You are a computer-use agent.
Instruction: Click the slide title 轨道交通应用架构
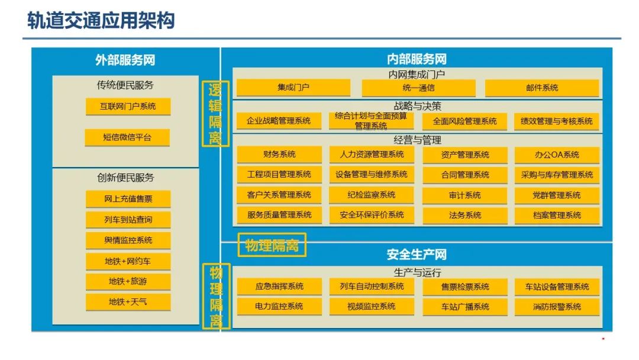coord(101,20)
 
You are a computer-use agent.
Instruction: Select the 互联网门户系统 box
coord(128,107)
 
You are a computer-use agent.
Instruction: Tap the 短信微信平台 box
coord(128,137)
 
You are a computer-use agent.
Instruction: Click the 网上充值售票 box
coord(128,199)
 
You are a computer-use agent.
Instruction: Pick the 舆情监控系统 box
coord(128,240)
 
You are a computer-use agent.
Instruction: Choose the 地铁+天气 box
coord(128,302)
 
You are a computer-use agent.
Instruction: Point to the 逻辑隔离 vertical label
coord(215,114)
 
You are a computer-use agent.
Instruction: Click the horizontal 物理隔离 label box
coord(272,245)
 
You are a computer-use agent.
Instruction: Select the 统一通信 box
coord(418,88)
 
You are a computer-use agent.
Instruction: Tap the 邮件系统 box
coord(541,88)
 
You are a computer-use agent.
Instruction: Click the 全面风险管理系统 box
coord(464,121)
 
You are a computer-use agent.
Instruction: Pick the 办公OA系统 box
coord(557,155)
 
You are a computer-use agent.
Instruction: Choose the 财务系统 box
coord(279,155)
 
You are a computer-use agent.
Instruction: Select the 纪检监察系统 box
coord(372,195)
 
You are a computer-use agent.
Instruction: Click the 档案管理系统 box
coord(557,216)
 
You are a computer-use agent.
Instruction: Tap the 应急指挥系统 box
coord(279,287)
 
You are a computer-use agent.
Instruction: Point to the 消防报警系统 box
coord(557,307)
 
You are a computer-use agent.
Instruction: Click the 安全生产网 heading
coord(417,255)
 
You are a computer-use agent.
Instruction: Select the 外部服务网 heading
coord(125,60)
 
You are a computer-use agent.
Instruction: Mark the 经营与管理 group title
coord(417,140)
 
